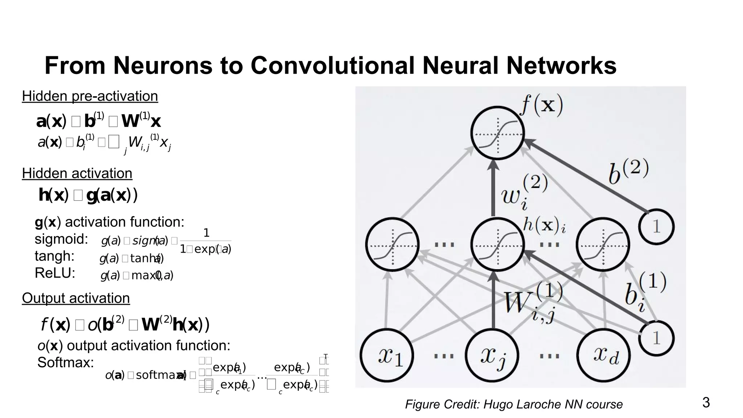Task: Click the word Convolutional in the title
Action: click(x=332, y=66)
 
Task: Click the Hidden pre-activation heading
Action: click(x=90, y=96)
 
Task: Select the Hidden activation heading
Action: click(x=77, y=173)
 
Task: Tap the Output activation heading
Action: click(x=76, y=298)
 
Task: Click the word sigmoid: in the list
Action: click(x=61, y=239)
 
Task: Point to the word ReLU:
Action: click(x=55, y=273)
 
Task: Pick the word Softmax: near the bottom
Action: click(x=66, y=362)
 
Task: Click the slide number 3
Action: click(x=706, y=403)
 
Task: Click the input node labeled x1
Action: click(x=387, y=355)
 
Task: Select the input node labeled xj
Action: click(x=492, y=355)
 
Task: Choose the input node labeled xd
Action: click(x=604, y=355)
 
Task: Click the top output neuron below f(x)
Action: click(x=497, y=133)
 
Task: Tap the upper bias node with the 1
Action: click(x=656, y=227)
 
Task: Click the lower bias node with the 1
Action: click(x=656, y=338)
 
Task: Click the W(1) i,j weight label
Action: click(x=533, y=303)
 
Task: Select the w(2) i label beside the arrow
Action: click(x=524, y=192)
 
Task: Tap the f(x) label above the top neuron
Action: click(x=542, y=105)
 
